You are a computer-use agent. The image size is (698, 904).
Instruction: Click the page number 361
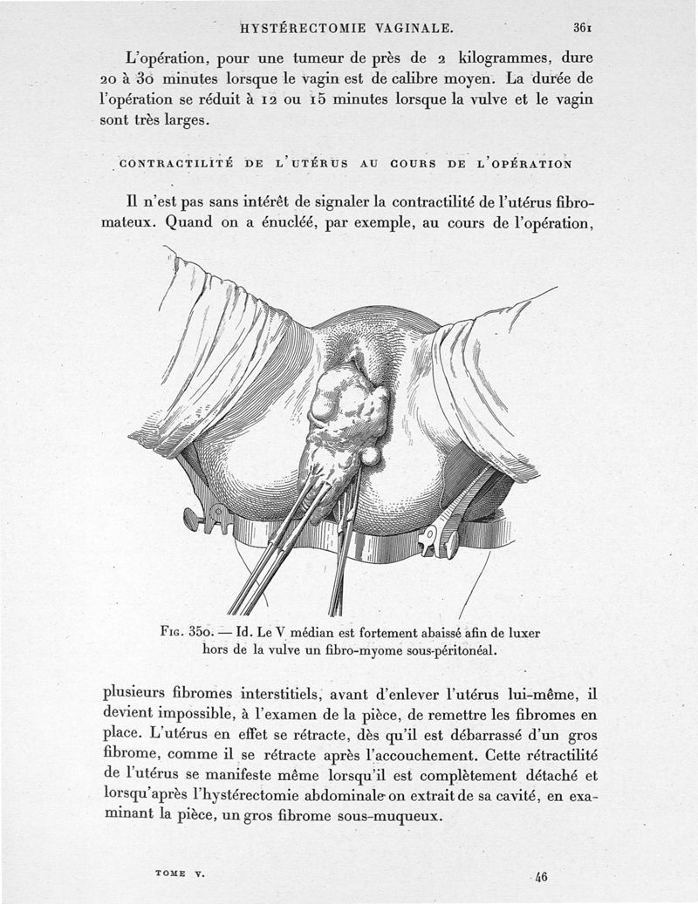point(583,26)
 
